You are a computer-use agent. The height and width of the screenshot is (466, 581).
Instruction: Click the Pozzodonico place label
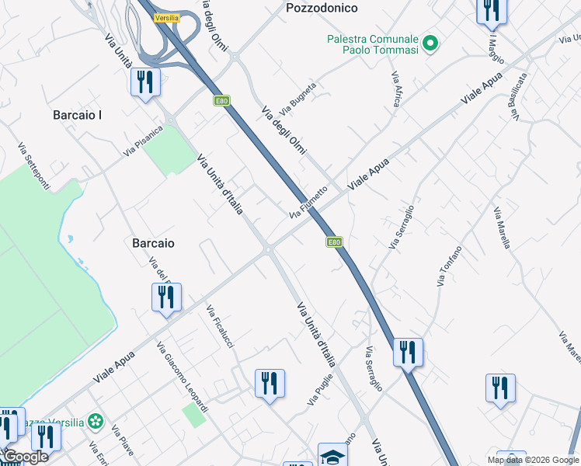(x=322, y=9)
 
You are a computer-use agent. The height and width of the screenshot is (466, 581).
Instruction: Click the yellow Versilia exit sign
(x=167, y=17)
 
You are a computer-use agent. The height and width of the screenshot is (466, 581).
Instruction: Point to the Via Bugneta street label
(x=302, y=96)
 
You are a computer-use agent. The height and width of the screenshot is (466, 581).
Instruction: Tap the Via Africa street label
(x=396, y=89)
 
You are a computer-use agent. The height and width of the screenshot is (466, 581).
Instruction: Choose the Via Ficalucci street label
(x=220, y=327)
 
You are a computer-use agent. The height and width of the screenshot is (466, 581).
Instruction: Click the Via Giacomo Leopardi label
(x=183, y=377)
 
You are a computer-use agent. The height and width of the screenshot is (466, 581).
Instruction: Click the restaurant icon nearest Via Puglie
(x=270, y=383)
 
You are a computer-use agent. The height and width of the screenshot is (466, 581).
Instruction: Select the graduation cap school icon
(x=332, y=456)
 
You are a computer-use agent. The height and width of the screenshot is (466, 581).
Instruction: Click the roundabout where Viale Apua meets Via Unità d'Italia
(x=268, y=249)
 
